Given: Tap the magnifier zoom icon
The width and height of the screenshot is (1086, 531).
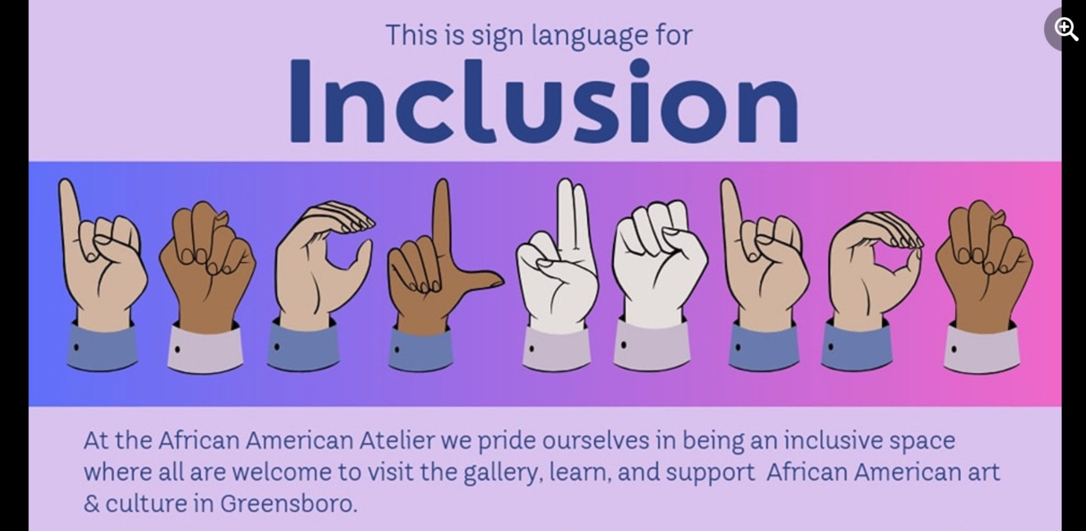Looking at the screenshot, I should click(1065, 29).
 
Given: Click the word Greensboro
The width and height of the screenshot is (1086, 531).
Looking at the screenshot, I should click(288, 504).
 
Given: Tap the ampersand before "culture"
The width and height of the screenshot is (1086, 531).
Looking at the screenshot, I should click(91, 504).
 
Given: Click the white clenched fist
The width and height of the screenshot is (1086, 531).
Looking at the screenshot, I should click(658, 259).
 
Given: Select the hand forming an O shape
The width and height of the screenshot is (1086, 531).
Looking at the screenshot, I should click(872, 265).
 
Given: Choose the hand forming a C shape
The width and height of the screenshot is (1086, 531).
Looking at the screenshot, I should click(318, 259).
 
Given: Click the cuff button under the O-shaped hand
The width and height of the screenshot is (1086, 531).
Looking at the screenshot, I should click(831, 346).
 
